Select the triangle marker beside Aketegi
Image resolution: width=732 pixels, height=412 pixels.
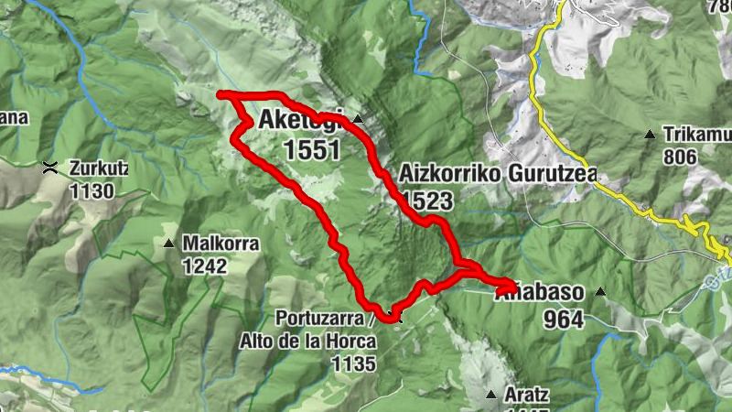[x=359, y=120]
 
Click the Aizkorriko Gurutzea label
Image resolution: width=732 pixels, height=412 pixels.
[x=498, y=175]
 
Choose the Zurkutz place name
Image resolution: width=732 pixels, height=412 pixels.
[x=99, y=168]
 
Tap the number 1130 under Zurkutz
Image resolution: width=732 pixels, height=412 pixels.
[x=92, y=191]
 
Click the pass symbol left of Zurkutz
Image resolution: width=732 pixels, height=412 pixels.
[x=50, y=168]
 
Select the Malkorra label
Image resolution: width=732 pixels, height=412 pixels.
[x=221, y=244]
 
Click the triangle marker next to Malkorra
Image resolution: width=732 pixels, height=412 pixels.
[x=169, y=244]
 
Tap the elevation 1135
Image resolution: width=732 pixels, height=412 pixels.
[x=354, y=364]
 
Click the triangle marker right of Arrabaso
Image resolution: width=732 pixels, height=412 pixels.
[x=601, y=293]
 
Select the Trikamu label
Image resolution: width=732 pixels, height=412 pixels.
[x=699, y=135]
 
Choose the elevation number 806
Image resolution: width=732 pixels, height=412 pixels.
[x=681, y=157]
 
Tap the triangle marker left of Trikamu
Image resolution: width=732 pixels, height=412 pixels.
[x=649, y=135]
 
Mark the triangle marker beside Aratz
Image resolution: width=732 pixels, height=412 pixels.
[x=491, y=396]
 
